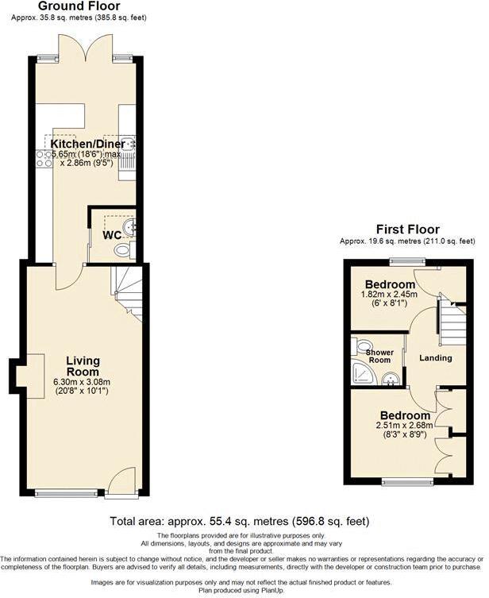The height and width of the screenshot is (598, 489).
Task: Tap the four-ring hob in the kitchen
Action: (x=44, y=158)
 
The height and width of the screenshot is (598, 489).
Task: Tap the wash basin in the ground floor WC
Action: (x=131, y=227)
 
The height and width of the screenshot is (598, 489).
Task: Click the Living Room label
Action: (x=83, y=366)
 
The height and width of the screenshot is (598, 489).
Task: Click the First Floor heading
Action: (x=407, y=230)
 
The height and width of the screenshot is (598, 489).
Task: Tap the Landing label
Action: (x=436, y=358)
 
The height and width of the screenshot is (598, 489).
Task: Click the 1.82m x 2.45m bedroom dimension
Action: (x=389, y=295)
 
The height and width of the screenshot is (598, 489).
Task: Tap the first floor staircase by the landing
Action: (x=452, y=324)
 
